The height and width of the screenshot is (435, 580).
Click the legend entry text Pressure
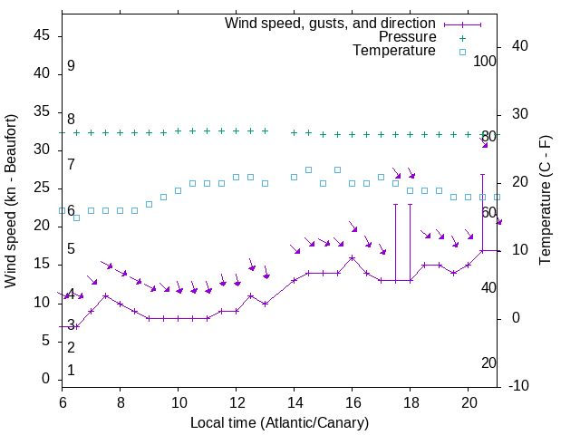point(408,37)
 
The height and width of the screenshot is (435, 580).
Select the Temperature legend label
point(394,51)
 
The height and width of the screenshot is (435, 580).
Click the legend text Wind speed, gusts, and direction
point(331,23)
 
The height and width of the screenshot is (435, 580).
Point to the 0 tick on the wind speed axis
point(46,379)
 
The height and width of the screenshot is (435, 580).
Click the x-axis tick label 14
point(294,401)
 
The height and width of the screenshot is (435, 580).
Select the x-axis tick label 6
point(62,401)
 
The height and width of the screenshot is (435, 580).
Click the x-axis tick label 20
point(468,401)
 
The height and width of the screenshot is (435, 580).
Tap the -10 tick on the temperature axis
point(522,386)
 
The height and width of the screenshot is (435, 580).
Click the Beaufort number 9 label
point(71,66)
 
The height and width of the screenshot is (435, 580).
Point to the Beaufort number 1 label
point(71,370)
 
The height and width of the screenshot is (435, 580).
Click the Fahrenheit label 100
point(486,61)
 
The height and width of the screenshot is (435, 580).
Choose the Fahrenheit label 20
point(488,362)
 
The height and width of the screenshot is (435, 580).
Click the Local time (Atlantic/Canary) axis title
point(279,422)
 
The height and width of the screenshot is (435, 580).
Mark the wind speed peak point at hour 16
point(353,257)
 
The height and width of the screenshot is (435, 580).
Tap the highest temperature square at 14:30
point(309,169)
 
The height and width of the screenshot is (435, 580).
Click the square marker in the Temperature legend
point(461,52)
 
